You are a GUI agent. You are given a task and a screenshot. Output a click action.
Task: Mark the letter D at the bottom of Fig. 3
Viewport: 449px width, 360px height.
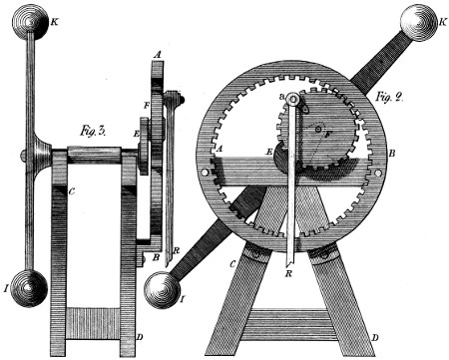(x=139, y=339)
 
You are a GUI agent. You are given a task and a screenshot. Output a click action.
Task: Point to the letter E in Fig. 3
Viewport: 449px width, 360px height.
(x=138, y=130)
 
